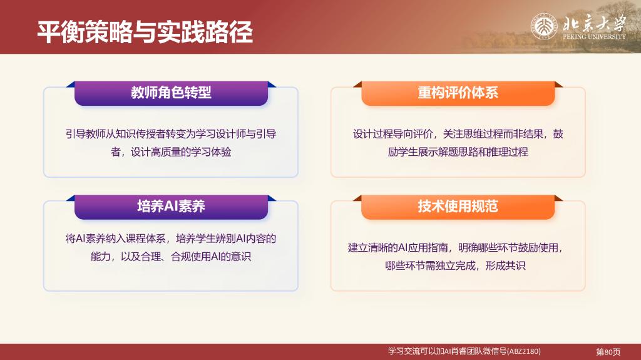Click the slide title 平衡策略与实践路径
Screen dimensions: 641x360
(145, 32)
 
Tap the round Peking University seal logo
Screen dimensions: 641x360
(544, 26)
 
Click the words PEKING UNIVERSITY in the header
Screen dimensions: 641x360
(594, 36)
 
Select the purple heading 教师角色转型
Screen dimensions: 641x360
(171, 93)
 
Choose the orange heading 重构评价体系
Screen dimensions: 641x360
(458, 93)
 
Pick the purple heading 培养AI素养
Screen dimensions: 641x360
(171, 206)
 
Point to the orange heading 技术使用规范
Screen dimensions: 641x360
(458, 206)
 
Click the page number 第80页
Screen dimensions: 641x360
(608, 352)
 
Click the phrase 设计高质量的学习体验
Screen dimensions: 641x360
(181, 152)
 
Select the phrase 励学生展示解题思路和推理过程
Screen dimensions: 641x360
(458, 152)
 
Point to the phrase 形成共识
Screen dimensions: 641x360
(505, 266)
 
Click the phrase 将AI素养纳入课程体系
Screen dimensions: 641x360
(116, 239)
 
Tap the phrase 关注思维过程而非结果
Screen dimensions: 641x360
(493, 134)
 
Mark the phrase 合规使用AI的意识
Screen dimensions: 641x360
(211, 257)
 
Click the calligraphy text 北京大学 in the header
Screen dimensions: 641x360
(594, 23)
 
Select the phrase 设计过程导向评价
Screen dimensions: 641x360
(393, 134)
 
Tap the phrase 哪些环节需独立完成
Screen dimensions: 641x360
(431, 266)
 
